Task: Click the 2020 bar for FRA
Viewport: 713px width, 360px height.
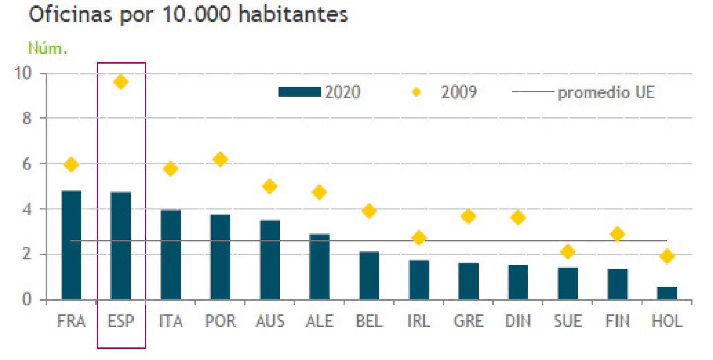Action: pos(71,245)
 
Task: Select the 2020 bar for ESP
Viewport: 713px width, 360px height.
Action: pos(121,246)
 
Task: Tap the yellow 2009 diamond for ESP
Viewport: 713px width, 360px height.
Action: pos(121,82)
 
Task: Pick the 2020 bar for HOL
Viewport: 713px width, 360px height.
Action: pos(667,293)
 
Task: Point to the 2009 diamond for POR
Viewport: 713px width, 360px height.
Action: pos(220,159)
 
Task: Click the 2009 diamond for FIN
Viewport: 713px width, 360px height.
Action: pos(617,234)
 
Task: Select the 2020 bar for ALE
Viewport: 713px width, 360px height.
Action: pos(319,266)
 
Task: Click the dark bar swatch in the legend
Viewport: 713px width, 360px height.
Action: pos(300,92)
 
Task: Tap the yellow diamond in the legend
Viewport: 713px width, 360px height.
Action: pos(416,92)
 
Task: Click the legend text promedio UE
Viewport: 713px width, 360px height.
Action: pos(606,92)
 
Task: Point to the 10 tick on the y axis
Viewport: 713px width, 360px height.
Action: pos(23,74)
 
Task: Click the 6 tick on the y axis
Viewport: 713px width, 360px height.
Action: pos(26,164)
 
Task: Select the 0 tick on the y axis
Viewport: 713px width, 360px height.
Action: pos(26,299)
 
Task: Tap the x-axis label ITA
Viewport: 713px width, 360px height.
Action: pos(171,321)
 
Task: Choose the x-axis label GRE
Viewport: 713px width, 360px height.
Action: pos(468,321)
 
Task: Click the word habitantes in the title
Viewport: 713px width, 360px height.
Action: pos(293,15)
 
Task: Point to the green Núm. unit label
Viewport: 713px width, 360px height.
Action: pos(47,49)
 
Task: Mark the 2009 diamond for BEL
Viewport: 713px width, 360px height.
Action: pos(369,211)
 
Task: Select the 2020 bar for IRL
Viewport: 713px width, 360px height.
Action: pos(419,280)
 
